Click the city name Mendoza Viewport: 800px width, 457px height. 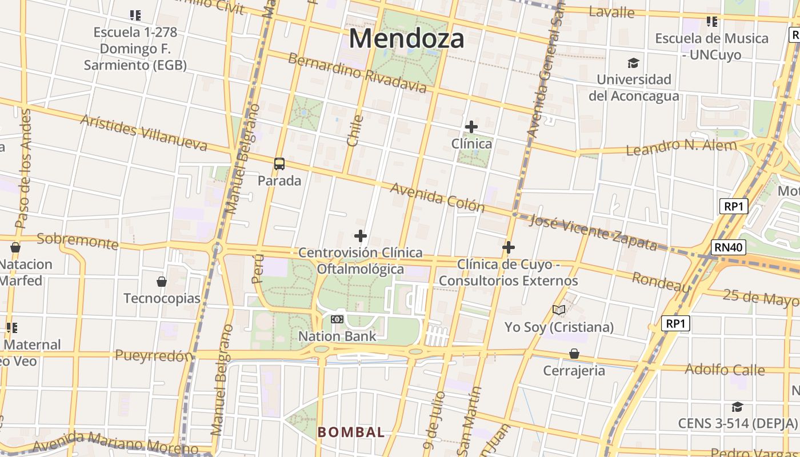coord(406,39)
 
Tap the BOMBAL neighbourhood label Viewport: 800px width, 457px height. coord(351,432)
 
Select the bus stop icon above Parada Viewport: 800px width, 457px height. coord(279,164)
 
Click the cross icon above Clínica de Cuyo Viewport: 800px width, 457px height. coord(508,247)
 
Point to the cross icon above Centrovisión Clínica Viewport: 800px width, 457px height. coord(361,235)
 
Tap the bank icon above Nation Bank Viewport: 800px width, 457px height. coord(337,319)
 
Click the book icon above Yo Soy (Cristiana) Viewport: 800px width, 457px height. coord(559,310)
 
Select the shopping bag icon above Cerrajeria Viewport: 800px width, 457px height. coord(574,354)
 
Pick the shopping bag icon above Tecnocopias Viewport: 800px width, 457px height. coord(162,282)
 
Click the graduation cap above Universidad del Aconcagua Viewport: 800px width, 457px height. coord(633,63)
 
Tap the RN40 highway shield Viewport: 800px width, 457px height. coord(729,247)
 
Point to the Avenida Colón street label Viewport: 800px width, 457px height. coord(437,198)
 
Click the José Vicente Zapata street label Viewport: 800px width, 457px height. coord(593,232)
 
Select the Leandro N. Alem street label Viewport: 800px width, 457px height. coord(681,147)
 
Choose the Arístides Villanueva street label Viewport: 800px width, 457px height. coord(143,133)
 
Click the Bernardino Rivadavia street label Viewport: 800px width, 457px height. coord(357,73)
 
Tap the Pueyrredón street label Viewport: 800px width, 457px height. coord(154,355)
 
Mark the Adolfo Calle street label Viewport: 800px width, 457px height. coord(725,370)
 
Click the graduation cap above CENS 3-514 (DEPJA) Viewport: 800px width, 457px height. coord(737,407)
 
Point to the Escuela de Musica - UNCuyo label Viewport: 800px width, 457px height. coord(711,46)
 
